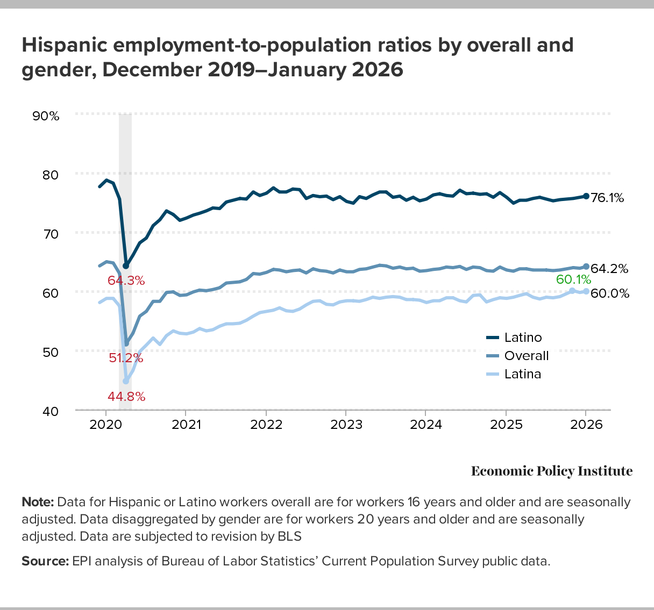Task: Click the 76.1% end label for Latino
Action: [x=607, y=198]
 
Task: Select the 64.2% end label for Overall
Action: [x=609, y=269]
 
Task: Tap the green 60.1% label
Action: [x=573, y=279]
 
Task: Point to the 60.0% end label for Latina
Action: [x=609, y=293]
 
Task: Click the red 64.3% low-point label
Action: [x=126, y=281]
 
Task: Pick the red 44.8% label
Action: [x=126, y=397]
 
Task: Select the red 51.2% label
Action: [x=126, y=357]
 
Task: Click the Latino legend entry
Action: [x=522, y=338]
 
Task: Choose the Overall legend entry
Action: [x=526, y=356]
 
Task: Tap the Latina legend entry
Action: [x=522, y=374]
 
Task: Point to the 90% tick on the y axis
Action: [x=46, y=116]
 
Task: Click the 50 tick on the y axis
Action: [x=49, y=351]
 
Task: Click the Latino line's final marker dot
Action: [x=586, y=196]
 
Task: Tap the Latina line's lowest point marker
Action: [x=126, y=381]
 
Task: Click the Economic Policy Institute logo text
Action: [x=552, y=471]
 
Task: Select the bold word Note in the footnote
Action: [x=38, y=503]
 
